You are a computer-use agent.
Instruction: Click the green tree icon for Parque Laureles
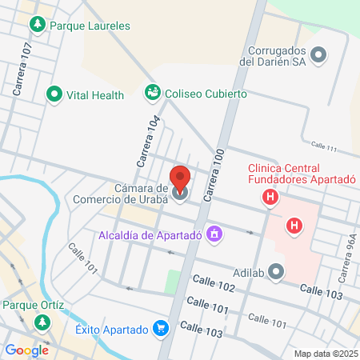tap(37, 26)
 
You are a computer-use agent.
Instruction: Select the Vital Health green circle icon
tap(55, 94)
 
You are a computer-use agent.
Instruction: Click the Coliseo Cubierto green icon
tap(152, 94)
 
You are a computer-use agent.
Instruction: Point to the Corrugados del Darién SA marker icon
tap(319, 55)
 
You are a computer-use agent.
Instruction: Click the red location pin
tap(181, 181)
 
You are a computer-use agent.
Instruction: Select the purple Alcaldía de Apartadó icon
tap(214, 234)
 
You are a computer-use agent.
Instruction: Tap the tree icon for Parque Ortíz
tap(41, 322)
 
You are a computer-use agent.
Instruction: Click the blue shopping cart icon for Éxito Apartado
tap(162, 329)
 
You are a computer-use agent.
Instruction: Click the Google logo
tap(26, 350)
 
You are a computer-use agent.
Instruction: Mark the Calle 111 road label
tap(324, 147)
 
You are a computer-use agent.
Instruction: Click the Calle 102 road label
tap(214, 282)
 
